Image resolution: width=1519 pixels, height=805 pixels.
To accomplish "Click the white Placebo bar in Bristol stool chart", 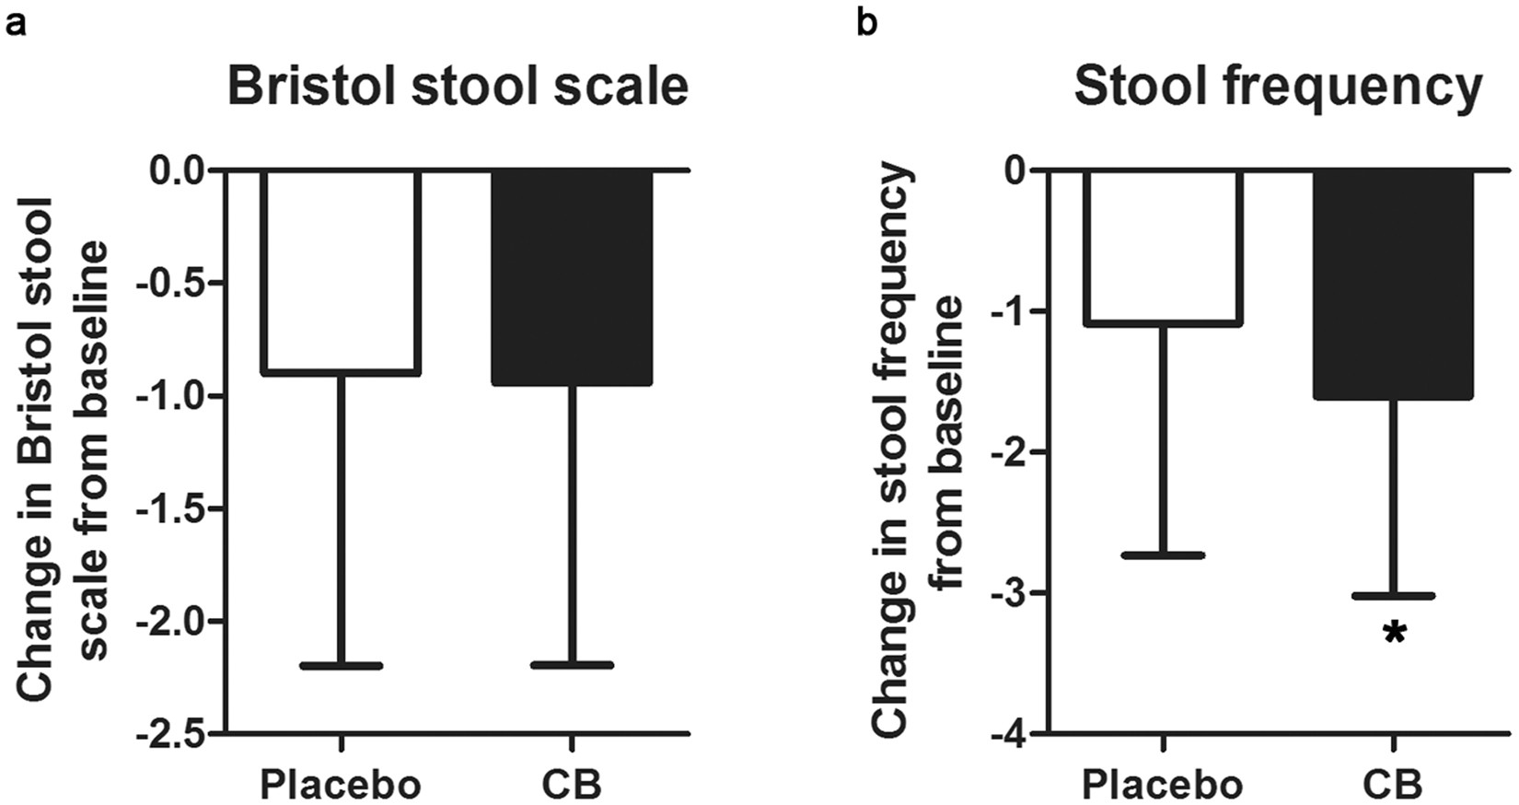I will click(x=341, y=272).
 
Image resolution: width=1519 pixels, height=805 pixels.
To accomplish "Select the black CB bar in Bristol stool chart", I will click(x=572, y=276).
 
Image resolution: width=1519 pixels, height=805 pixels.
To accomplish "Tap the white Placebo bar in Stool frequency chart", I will click(x=1164, y=247).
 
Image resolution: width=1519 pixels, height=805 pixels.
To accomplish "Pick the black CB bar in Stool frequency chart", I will click(x=1394, y=284).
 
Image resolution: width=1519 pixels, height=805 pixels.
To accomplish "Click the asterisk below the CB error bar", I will click(x=1395, y=634).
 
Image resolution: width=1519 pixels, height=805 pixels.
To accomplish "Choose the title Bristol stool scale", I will click(x=458, y=87).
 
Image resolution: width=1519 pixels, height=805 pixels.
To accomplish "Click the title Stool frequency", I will click(x=1278, y=87).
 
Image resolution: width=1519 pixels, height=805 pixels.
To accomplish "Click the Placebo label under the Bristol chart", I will click(x=341, y=785).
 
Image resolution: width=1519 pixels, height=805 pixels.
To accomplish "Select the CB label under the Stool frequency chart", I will click(x=1393, y=785).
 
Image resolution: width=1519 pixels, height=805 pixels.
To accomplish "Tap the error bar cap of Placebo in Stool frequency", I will click(x=1164, y=555).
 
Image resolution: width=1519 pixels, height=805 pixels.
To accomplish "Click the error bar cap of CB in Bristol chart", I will click(x=572, y=664).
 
